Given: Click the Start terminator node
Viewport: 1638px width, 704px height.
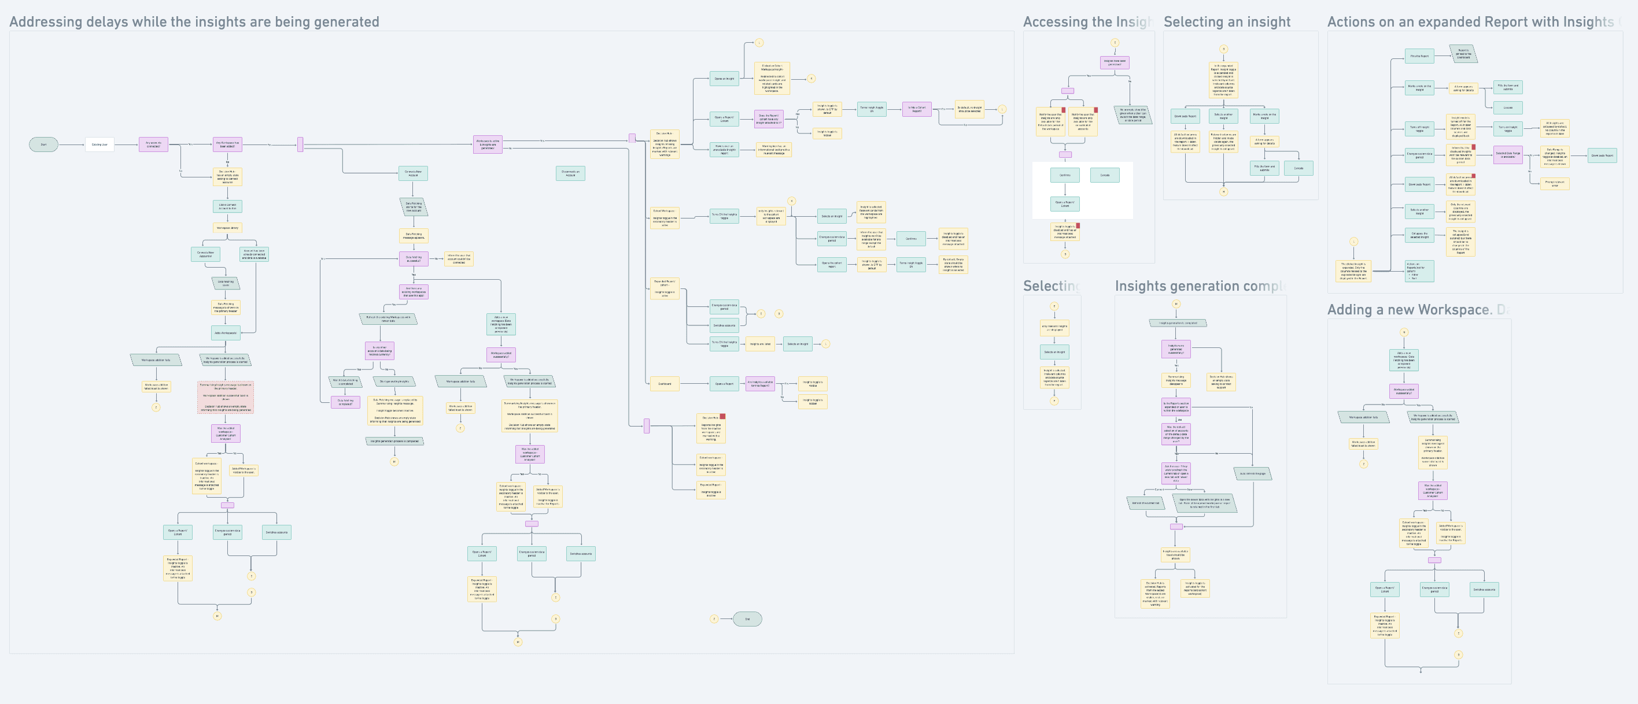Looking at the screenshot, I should pos(43,145).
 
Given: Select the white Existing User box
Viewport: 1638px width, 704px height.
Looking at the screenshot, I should pos(99,145).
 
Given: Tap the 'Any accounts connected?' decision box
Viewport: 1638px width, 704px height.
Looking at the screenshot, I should pos(153,145).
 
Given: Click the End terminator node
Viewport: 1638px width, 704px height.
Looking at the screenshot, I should pos(747,619).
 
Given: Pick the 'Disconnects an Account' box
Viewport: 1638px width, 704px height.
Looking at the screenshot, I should pos(570,173).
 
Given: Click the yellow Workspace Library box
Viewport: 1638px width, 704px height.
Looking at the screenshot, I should pos(227,228).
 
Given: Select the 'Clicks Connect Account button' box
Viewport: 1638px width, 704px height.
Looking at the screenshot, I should pos(227,206).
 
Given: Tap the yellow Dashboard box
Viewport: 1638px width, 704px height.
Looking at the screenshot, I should pos(665,384).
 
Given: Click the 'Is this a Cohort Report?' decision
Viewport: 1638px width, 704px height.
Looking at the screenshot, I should pos(916,109).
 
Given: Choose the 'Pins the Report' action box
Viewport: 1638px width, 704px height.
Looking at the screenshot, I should pos(1419,56).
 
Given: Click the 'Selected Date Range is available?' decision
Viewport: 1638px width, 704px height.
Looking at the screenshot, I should pos(1508,154).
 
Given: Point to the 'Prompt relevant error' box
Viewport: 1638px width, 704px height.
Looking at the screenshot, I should pos(1555,183).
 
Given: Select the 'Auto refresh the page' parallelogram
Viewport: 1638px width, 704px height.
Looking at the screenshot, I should pos(1253,474).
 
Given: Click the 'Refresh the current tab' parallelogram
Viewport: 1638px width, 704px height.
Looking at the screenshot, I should pos(1145,503).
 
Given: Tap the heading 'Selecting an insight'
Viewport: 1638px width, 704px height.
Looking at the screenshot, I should pos(1227,21).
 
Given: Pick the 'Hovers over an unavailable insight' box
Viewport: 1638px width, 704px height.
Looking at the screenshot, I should pos(724,150).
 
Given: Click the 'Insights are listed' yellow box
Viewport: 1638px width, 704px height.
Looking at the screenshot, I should pos(760,344).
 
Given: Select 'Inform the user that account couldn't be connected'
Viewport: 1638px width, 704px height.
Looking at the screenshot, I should pos(459,258).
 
